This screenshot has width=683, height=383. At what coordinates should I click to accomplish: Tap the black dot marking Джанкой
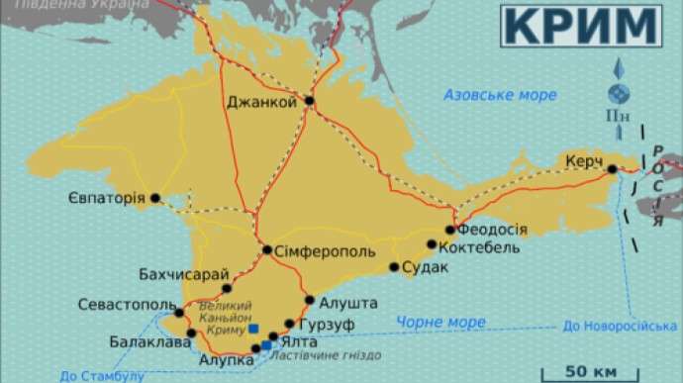pos(310,101)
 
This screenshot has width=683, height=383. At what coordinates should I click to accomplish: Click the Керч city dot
pos(613,169)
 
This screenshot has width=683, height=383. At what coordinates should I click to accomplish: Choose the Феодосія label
pos(492,229)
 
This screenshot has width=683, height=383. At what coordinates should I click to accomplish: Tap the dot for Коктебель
pos(432,244)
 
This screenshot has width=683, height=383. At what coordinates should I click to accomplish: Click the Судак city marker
pos(394,267)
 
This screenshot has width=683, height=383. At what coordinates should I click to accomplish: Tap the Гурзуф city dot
pos(289,324)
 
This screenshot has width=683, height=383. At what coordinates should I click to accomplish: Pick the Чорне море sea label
pos(439,323)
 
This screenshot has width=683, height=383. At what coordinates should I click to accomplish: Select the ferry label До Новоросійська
pos(619,326)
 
